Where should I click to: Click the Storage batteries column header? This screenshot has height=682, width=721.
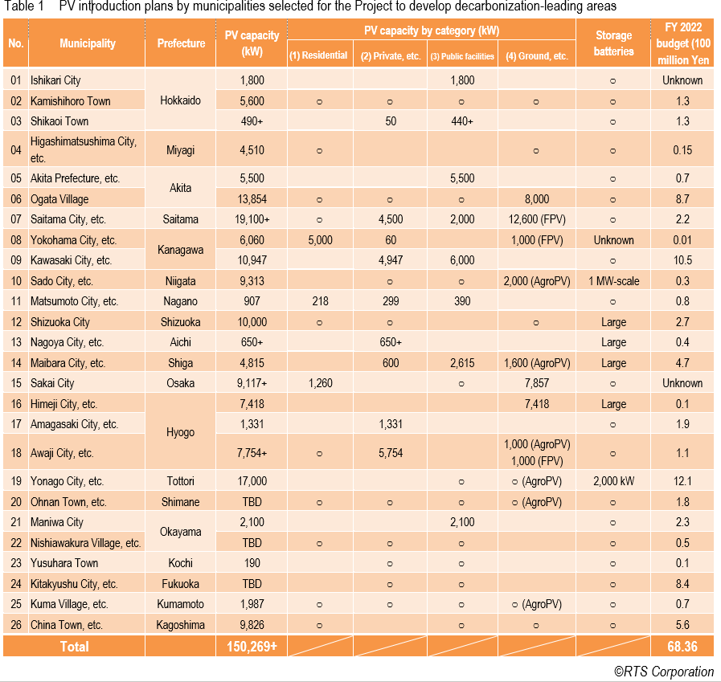613,43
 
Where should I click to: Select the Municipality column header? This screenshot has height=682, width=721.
87,43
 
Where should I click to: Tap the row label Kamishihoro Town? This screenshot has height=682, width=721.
71,100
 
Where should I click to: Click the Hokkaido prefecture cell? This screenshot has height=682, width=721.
181,100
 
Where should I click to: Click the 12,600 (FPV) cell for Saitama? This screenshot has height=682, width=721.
536,219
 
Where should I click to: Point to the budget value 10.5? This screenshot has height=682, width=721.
682,260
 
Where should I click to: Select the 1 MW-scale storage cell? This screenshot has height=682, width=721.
613,281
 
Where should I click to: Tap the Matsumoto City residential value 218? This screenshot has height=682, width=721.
318,301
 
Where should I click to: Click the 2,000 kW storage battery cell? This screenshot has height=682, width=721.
613,481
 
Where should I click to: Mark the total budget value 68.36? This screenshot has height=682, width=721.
682,646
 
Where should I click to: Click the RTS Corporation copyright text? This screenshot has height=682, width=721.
664,672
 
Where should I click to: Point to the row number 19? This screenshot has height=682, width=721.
15,481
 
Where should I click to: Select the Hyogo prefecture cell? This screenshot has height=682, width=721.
181,432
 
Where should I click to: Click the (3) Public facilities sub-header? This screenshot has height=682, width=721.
461,56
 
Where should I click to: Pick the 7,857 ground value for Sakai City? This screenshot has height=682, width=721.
536,383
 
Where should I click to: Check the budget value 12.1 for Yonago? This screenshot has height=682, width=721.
682,481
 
